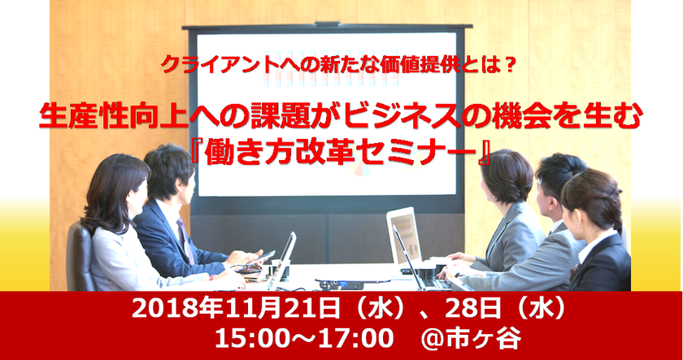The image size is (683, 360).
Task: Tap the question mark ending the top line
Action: [x=510, y=63]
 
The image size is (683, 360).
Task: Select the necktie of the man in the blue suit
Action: [x=181, y=232]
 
